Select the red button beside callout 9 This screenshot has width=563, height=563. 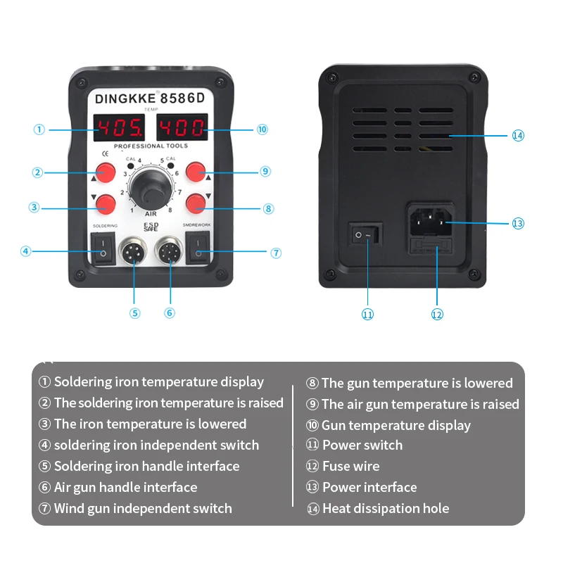(196, 171)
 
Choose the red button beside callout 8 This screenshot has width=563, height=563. (196, 203)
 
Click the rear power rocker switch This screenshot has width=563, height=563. (367, 234)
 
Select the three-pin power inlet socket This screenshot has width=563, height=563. (431, 221)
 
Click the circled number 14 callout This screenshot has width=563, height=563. (518, 135)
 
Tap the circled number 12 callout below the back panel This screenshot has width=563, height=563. (437, 315)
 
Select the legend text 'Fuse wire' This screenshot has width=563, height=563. (350, 466)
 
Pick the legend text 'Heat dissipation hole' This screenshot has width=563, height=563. (385, 508)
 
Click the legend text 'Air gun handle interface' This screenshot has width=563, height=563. (125, 487)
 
